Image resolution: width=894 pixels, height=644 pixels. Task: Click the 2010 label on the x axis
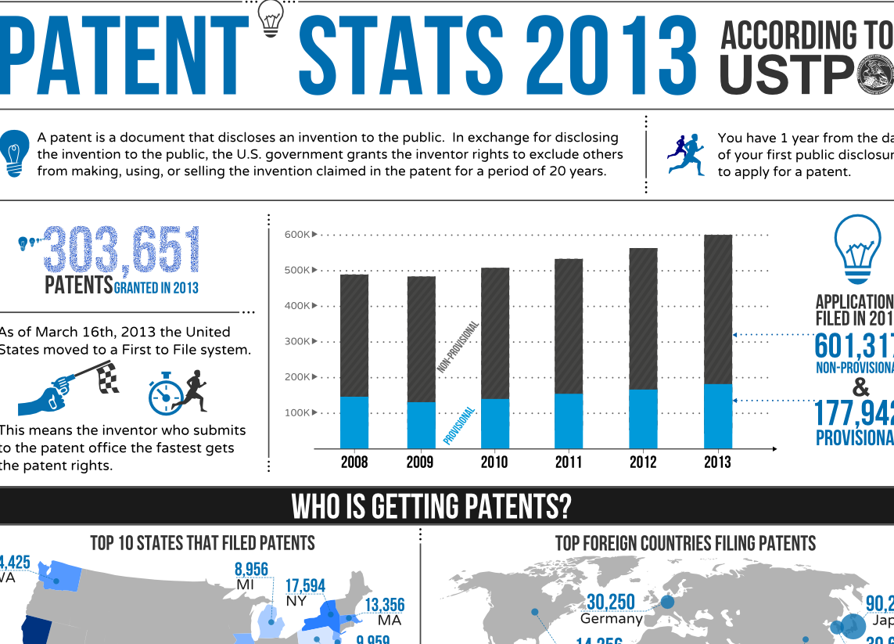pyautogui.click(x=494, y=462)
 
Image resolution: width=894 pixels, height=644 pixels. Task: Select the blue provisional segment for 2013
pyautogui.click(x=718, y=416)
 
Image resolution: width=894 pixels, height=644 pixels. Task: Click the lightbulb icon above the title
pyautogui.click(x=271, y=17)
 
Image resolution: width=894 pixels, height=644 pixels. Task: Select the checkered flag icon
pyautogui.click(x=106, y=379)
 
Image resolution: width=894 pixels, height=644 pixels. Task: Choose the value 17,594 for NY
pyautogui.click(x=305, y=586)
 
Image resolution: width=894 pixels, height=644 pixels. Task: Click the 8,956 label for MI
pyautogui.click(x=252, y=570)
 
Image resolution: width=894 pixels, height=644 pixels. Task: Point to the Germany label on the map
pyautogui.click(x=612, y=619)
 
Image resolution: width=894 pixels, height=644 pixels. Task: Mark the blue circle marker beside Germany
pyautogui.click(x=667, y=602)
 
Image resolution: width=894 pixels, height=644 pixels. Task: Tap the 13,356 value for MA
pyautogui.click(x=385, y=605)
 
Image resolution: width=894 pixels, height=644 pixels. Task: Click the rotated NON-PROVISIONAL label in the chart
pyautogui.click(x=458, y=346)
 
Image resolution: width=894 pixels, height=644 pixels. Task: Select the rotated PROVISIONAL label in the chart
pyautogui.click(x=459, y=426)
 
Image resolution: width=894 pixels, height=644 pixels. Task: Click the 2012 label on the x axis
pyautogui.click(x=643, y=462)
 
